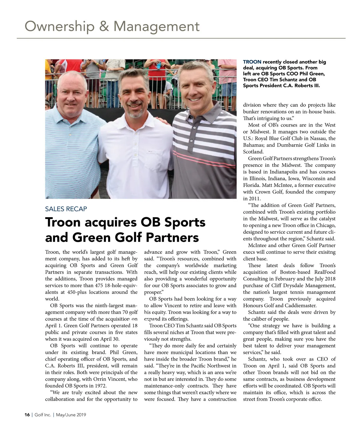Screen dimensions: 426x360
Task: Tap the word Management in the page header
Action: (x=156, y=26)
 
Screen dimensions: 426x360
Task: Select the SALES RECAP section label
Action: (x=66, y=209)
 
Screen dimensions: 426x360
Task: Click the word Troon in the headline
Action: (x=63, y=222)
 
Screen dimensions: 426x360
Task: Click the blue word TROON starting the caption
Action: (x=252, y=62)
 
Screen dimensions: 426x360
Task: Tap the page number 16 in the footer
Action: (x=27, y=415)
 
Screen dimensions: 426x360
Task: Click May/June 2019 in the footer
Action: (x=71, y=415)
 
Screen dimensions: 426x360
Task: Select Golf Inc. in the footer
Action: (x=43, y=415)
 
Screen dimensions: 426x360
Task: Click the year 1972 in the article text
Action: (x=100, y=386)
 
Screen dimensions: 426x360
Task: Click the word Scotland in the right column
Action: (x=253, y=152)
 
